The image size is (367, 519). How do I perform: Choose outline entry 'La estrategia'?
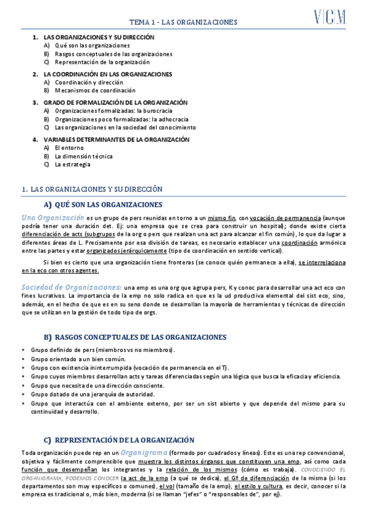click(x=72, y=165)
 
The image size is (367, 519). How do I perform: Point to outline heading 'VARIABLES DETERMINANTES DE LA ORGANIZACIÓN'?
click(x=116, y=140)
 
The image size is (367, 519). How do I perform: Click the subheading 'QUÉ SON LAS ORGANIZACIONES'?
click(x=108, y=204)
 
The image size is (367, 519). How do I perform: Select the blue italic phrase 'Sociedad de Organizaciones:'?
click(x=71, y=270)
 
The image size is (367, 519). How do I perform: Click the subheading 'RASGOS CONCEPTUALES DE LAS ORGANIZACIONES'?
click(x=140, y=337)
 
